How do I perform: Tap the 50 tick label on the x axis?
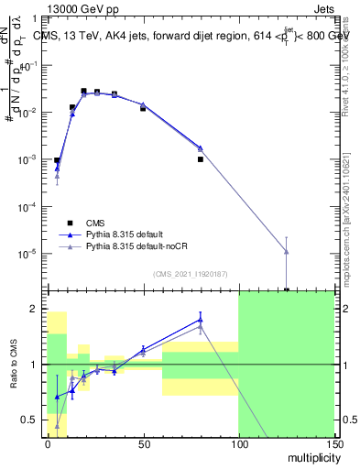144,442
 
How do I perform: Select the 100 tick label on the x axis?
238,442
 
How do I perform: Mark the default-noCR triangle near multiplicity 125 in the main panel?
287,251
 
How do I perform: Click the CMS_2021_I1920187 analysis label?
189,273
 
